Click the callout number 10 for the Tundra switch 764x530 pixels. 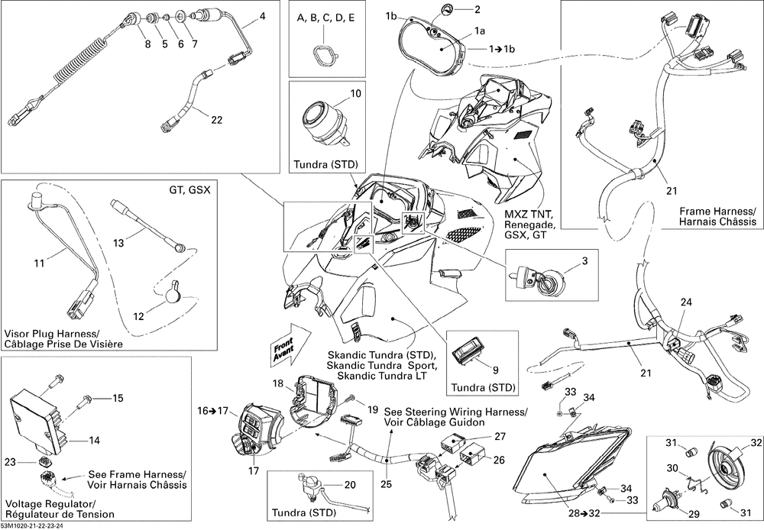(x=356, y=94)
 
